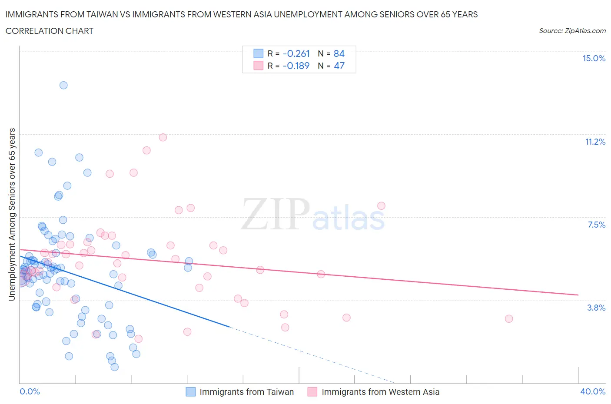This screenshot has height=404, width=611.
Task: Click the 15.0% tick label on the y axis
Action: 594,58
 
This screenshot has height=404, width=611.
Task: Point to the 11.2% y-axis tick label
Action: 595,142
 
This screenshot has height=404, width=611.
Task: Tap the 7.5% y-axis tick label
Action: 596,225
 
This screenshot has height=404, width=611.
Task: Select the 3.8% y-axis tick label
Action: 596,308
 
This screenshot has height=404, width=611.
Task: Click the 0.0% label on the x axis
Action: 30,391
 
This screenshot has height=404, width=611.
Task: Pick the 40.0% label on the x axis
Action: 593,391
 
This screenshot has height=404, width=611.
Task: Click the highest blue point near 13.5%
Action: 63,85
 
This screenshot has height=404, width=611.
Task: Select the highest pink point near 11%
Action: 163,137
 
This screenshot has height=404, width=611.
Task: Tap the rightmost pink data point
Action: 509,318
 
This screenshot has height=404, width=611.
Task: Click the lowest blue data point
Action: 115,367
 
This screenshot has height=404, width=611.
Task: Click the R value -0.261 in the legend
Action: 296,53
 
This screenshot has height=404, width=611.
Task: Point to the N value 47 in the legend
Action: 339,66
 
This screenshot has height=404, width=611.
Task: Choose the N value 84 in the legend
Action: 339,53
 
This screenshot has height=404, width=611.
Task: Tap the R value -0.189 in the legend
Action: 296,66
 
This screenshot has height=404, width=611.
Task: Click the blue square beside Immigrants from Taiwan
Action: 190,392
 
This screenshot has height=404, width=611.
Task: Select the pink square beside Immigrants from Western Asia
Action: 312,392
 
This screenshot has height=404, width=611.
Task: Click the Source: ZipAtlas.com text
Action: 572,30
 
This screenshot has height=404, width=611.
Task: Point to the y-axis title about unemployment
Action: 12,214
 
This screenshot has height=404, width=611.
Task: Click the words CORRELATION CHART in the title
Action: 50,31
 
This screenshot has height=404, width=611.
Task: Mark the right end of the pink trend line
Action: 578,295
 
